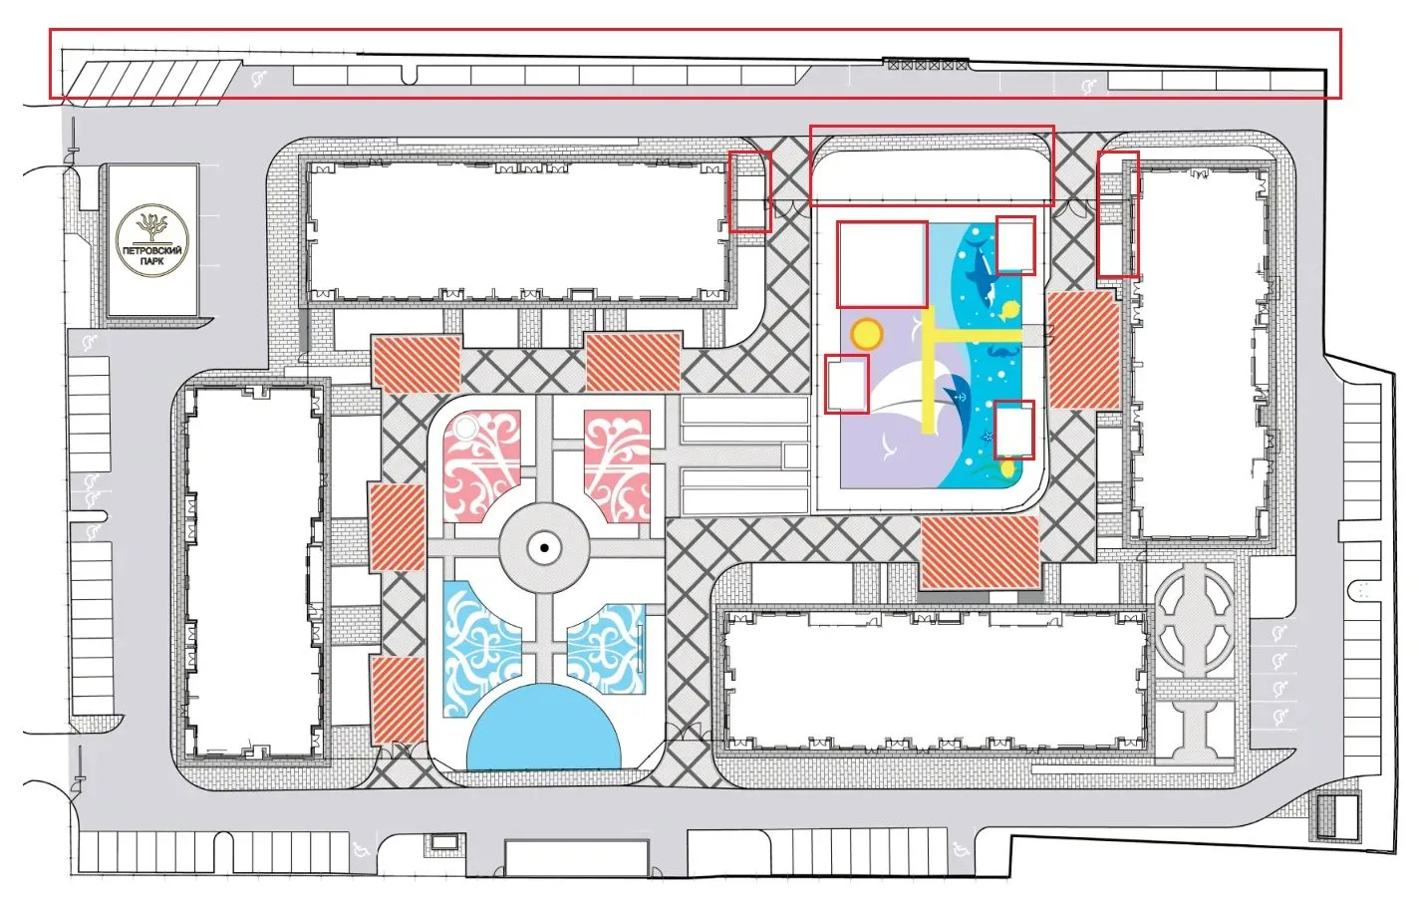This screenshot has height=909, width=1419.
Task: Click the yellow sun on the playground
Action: pos(867,333)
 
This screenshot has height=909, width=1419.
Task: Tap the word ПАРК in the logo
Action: pos(152,261)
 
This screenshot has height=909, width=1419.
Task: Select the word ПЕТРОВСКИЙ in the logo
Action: pos(152,251)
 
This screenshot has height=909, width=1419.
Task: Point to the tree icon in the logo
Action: pos(152,226)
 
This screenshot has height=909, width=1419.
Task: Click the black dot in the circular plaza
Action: pos(544,548)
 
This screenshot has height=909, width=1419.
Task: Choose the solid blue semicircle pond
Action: pos(543,730)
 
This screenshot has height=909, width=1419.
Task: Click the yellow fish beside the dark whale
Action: pos(1008,310)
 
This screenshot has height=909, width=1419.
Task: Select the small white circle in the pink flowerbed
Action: pos(465,429)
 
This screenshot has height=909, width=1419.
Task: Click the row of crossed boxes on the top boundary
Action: pos(928,64)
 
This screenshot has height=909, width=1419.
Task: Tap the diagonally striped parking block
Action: pos(153,83)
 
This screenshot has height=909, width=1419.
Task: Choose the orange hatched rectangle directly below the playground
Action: pos(980,552)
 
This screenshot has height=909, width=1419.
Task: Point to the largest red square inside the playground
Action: pos(883,265)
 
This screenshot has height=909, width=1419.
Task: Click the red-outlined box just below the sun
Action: pos(847,385)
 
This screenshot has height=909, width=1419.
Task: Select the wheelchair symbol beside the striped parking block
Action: pos(259,80)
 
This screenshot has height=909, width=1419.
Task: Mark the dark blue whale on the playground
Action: pos(981,274)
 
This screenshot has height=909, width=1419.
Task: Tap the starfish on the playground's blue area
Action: pos(988,437)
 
